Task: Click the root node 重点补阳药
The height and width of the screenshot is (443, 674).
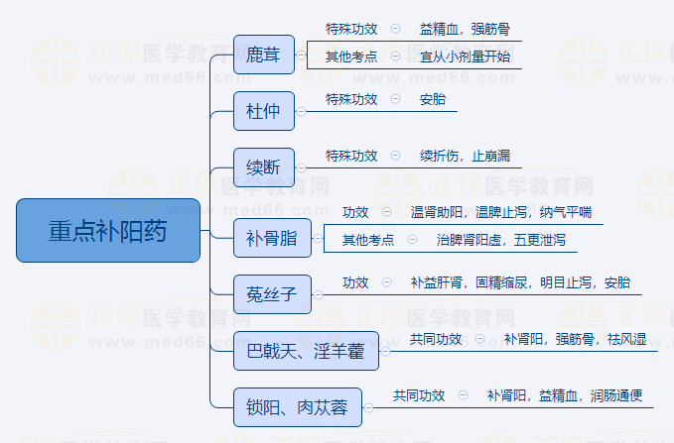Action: (108, 230)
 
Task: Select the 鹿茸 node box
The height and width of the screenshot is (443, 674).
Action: (264, 55)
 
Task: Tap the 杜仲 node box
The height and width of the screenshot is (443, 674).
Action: (264, 111)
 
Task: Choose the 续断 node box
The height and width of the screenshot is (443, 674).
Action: (264, 167)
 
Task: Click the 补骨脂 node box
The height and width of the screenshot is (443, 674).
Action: (271, 237)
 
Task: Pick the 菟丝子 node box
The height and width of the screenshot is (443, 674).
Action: (271, 293)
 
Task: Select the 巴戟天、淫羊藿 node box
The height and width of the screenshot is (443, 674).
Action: (306, 350)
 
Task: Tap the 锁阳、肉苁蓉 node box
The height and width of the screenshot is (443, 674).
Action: (297, 406)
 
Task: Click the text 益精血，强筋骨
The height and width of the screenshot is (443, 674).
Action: (465, 29)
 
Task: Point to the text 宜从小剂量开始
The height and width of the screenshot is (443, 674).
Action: (465, 56)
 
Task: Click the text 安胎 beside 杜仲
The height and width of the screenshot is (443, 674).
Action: (433, 99)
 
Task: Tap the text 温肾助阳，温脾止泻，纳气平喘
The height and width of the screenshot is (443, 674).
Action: (501, 212)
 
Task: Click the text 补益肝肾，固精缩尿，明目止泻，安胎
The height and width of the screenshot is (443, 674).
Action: (520, 282)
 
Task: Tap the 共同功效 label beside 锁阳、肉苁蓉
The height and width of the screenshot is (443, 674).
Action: (419, 395)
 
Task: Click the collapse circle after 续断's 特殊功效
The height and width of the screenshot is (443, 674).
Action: (396, 156)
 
